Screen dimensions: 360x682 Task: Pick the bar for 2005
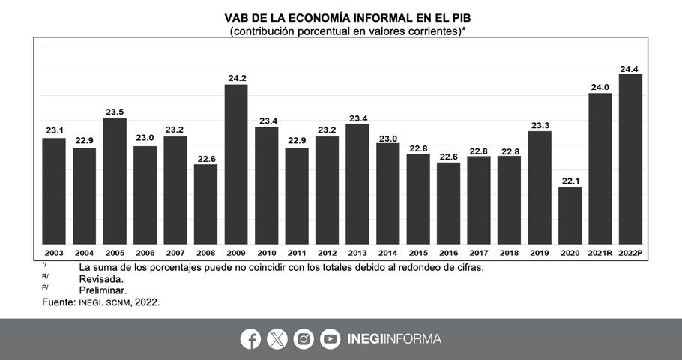[115, 181]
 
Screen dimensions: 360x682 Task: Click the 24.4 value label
[630, 69]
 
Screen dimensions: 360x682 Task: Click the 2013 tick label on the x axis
[357, 253]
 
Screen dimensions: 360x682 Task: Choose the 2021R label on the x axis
[600, 253]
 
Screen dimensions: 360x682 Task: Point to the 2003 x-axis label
[54, 253]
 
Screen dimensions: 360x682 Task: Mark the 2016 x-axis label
[448, 253]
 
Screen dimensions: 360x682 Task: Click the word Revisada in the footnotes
[103, 277]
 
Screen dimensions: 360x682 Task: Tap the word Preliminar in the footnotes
[103, 289]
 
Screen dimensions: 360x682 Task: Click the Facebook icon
[250, 339]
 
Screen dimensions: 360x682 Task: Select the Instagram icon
[304, 339]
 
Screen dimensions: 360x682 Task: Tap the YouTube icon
[330, 339]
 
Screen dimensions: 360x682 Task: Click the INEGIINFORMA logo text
[394, 339]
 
